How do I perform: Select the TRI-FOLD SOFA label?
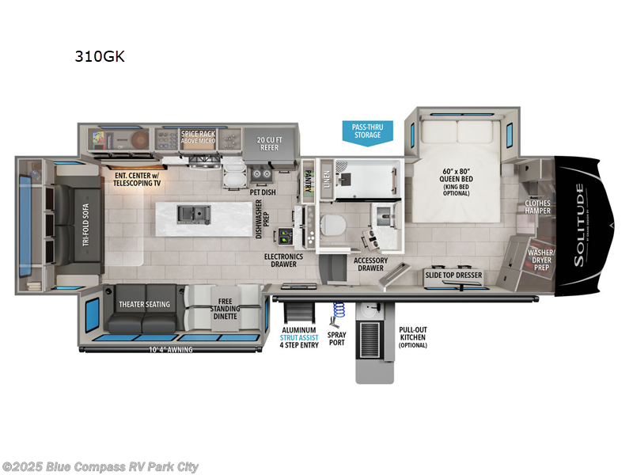click(86, 225)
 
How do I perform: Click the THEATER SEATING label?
click(146, 304)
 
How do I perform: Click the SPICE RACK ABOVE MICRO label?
click(198, 137)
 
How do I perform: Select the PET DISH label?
click(262, 192)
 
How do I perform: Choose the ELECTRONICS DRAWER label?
click(283, 260)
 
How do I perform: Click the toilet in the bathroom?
click(332, 225)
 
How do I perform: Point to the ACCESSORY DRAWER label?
click(370, 264)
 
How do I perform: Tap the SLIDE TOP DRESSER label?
click(453, 275)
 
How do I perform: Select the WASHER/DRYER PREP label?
click(542, 259)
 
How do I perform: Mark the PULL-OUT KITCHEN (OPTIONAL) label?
click(413, 336)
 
